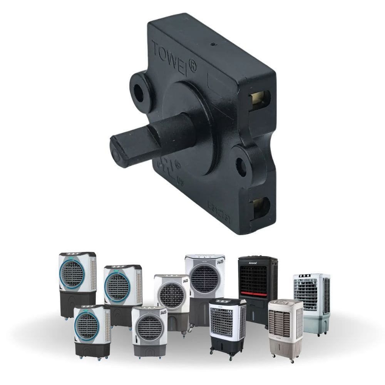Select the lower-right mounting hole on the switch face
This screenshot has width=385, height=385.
(x=241, y=167)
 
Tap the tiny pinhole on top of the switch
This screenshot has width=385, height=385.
(x=213, y=44)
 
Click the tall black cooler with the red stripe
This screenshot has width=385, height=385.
(x=258, y=285)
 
